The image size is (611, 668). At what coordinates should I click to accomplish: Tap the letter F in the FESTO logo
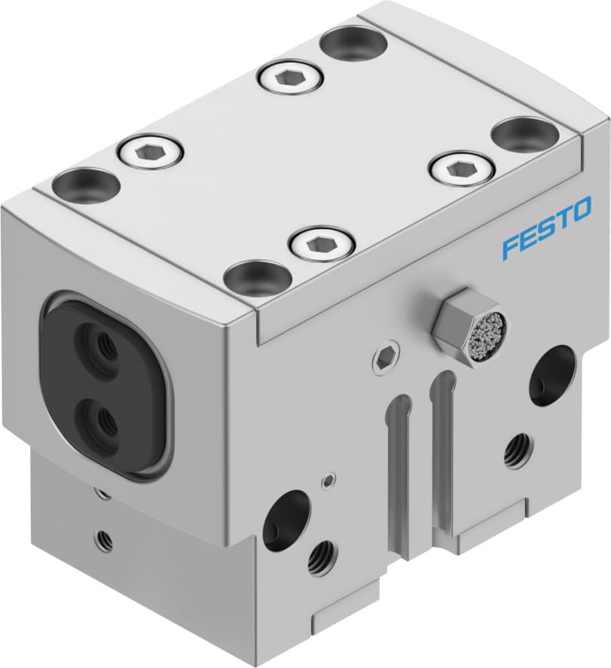511,247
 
